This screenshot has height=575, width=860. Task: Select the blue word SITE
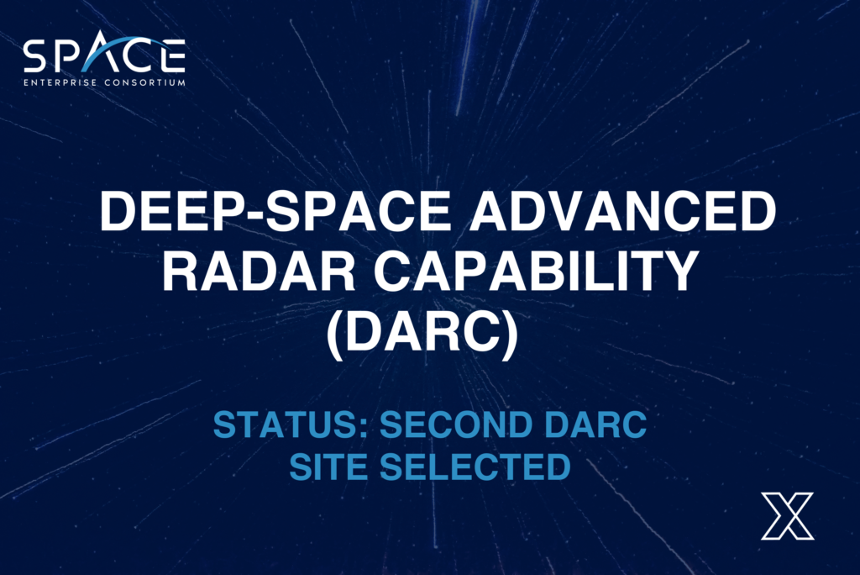point(329,467)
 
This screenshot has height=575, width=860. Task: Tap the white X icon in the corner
point(787,515)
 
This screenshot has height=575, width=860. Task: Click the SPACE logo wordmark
point(104,57)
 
